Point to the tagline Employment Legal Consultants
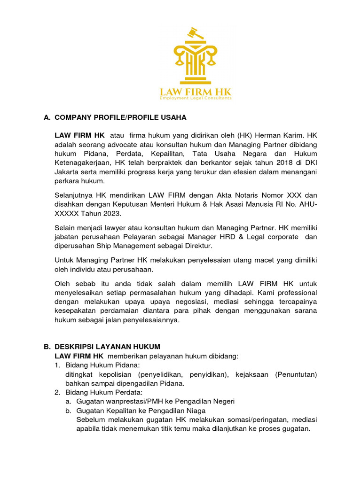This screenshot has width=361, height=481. tap(196, 98)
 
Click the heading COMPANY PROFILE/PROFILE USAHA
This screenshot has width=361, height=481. tap(120, 117)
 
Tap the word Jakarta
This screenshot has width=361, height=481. tap(68, 172)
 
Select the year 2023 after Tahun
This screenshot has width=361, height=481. tap(111, 214)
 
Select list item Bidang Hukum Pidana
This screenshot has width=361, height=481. tap(102, 365)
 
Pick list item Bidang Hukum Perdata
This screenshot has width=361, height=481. tap(103, 393)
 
